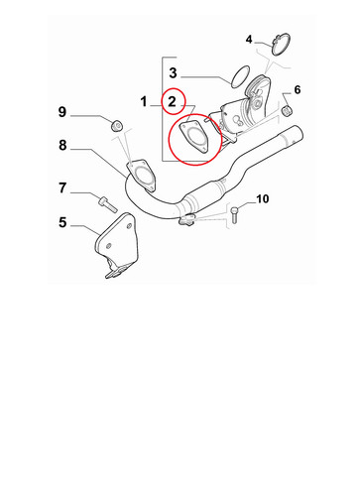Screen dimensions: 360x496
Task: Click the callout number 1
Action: coord(143,101)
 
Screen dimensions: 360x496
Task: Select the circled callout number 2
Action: coord(172,101)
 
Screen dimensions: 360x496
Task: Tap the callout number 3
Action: coord(173,72)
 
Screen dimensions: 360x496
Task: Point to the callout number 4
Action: coord(249,40)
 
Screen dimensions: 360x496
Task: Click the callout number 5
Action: coord(62,222)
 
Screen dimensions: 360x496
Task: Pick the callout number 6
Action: coord(298,89)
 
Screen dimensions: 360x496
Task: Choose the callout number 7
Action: coord(62,187)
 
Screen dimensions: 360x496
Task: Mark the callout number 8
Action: coord(62,145)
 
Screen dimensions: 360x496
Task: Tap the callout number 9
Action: coord(62,112)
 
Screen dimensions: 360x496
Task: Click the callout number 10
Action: coord(263,199)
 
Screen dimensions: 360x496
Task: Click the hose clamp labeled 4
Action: coord(281,45)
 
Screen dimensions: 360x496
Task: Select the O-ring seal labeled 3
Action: coord(240,76)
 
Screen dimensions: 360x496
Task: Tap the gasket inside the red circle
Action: coord(193,137)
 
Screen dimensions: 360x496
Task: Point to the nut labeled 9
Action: coord(116,125)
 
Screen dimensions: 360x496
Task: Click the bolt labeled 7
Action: coord(108,204)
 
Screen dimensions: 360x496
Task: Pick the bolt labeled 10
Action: coord(234,215)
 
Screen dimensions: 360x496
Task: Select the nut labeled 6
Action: coord(287,111)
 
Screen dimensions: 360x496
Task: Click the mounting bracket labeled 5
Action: coord(116,245)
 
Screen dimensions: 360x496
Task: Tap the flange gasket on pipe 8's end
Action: coord(141,176)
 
